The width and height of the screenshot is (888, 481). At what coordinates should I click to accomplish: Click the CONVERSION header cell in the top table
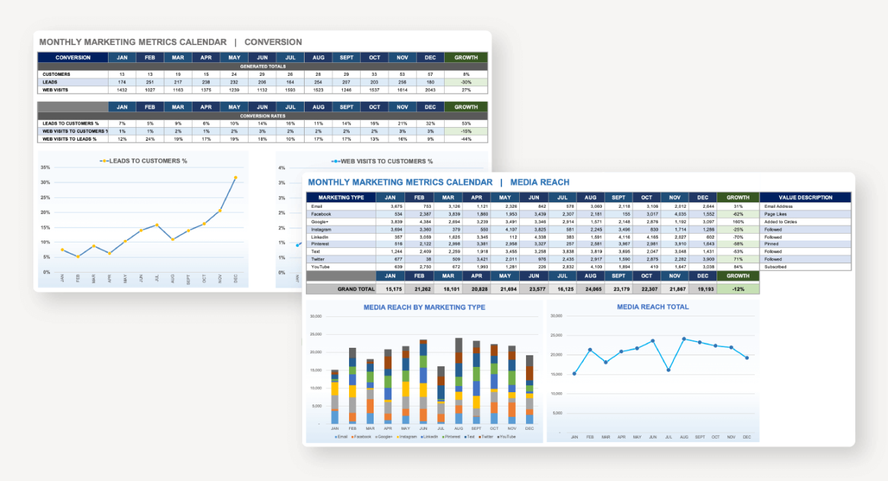(72, 57)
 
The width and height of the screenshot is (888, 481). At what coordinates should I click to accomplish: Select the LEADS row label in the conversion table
(51, 82)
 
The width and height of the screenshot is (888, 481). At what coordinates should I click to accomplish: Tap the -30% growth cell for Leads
(466, 82)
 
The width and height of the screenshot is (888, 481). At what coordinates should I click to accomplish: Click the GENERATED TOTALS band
(262, 66)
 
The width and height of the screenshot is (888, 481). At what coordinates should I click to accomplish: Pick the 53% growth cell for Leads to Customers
(466, 123)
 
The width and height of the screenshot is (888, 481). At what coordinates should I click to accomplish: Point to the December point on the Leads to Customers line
(236, 178)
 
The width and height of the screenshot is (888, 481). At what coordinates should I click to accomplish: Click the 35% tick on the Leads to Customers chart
(45, 167)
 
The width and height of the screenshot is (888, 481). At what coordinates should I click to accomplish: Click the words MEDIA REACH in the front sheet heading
(540, 182)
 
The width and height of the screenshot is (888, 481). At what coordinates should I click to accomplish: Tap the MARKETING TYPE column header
(341, 197)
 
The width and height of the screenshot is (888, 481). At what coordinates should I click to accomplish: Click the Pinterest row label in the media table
(320, 244)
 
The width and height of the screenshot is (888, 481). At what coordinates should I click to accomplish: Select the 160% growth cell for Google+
(738, 221)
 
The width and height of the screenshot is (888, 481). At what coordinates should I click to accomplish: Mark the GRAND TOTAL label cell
(356, 289)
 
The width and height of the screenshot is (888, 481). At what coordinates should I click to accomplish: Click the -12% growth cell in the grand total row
(738, 289)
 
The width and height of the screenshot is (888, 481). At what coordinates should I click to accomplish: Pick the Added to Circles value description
(780, 221)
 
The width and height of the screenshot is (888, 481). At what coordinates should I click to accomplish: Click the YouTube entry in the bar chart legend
(506, 436)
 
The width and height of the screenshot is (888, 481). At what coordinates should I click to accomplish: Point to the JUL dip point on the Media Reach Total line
(668, 370)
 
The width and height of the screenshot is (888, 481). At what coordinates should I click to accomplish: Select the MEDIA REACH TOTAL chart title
(652, 307)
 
